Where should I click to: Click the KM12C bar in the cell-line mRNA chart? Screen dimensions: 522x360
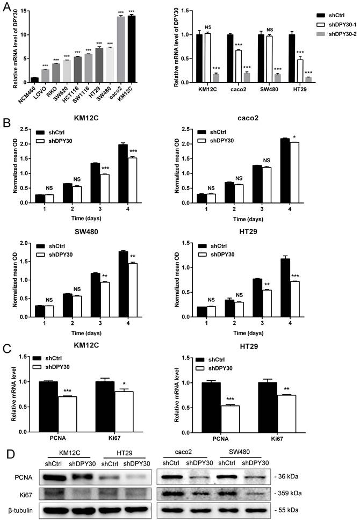[x=132, y=49]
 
